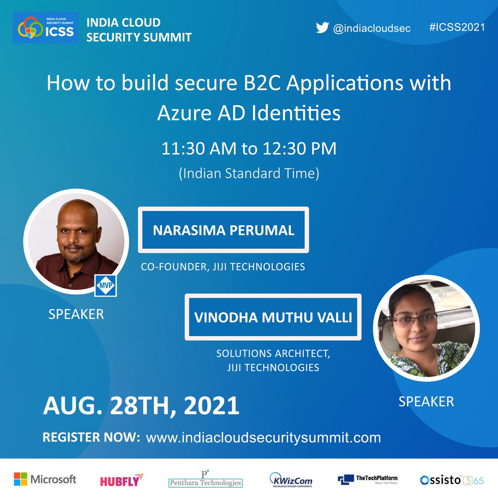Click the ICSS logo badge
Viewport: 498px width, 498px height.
(x=46, y=28)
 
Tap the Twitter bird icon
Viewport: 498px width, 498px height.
(x=322, y=28)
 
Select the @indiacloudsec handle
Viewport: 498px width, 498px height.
(x=372, y=28)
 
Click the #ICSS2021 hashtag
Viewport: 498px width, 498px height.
(x=457, y=27)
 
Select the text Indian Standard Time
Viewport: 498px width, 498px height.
(x=249, y=173)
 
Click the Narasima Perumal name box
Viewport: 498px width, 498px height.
(x=223, y=230)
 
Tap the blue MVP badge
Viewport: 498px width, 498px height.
(x=105, y=285)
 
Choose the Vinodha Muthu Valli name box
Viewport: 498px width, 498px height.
(x=273, y=317)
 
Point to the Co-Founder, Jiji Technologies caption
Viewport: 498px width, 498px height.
(x=223, y=266)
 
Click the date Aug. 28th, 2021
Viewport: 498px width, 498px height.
(x=141, y=405)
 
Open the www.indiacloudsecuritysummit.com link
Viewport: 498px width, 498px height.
(x=264, y=437)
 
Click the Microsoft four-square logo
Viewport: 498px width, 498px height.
(x=20, y=479)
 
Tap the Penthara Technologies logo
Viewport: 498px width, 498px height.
(x=205, y=480)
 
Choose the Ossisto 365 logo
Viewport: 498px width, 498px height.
(x=452, y=480)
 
